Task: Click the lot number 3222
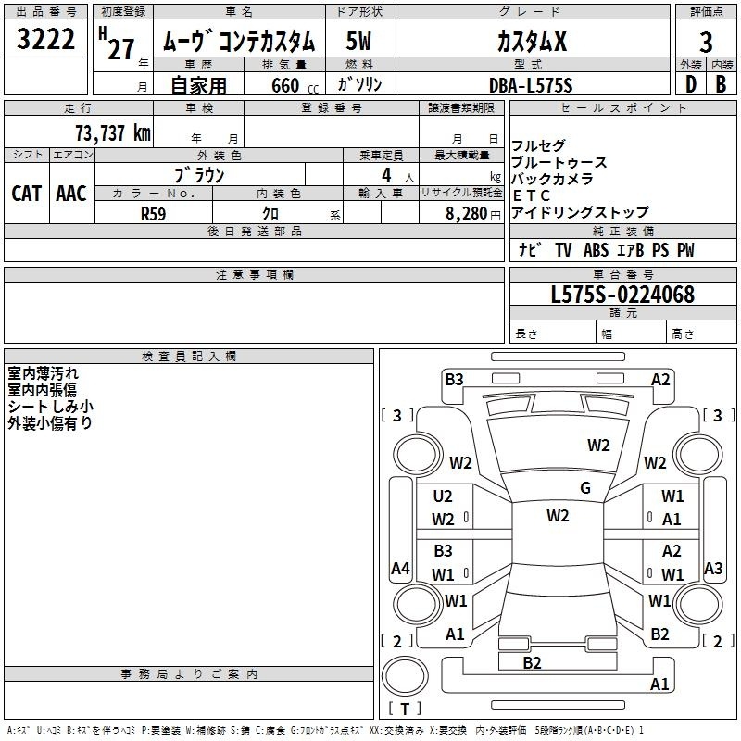coord(45,39)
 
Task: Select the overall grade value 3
coord(706,42)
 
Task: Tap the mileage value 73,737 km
coord(113,133)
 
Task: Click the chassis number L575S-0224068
coord(622,295)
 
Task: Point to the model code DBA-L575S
coord(531,85)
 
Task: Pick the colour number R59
coord(154,214)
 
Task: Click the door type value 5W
coord(358,41)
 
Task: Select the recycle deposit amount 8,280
coord(467,214)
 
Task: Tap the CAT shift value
coord(27,194)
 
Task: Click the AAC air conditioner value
coord(71,194)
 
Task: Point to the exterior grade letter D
coord(691,84)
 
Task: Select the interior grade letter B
coord(721,84)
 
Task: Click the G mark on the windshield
coord(585,488)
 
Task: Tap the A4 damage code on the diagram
coord(400,568)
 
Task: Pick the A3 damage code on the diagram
coord(713,568)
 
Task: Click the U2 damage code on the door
coord(443,496)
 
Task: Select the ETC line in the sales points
coord(531,195)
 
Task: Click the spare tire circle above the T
coord(405,676)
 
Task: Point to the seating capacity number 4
coord(386,175)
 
